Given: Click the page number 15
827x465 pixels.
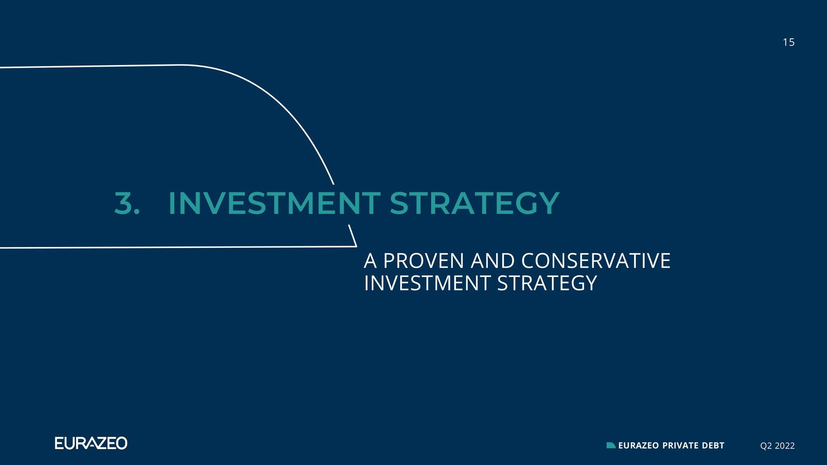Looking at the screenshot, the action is (x=789, y=42).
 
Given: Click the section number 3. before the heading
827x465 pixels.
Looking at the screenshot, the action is (x=127, y=203).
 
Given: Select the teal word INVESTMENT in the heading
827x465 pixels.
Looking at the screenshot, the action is (x=274, y=203).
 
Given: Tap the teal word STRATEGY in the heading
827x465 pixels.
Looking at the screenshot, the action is (x=475, y=203).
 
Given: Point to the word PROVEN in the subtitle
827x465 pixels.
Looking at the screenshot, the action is (x=423, y=261).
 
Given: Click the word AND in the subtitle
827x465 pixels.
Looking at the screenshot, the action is (x=493, y=261).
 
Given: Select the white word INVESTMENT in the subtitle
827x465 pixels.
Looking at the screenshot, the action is (x=427, y=283).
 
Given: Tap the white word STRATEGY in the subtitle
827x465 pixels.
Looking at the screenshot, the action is (x=547, y=283).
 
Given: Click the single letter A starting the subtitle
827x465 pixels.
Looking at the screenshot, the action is (x=370, y=261).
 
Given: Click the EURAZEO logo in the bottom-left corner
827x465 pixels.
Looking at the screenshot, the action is (x=91, y=443).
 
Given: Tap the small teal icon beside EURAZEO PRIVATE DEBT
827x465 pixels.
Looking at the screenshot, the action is (x=611, y=445).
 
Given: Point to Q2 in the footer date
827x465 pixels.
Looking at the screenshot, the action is (x=765, y=446).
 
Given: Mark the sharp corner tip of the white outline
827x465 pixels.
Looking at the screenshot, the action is (x=357, y=246).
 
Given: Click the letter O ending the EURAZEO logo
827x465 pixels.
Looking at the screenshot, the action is (x=121, y=443).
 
